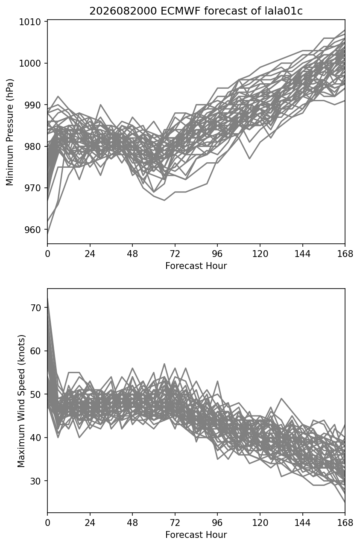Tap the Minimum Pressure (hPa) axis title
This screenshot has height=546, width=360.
click(10, 132)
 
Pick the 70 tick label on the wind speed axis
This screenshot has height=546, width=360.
click(35, 308)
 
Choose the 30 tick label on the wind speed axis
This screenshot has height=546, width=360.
click(35, 481)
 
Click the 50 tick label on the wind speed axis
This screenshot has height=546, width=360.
click(35, 394)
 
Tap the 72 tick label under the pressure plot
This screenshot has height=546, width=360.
click(175, 254)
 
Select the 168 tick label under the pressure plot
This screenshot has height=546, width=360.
click(345, 254)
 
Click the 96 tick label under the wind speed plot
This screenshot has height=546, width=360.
click(217, 523)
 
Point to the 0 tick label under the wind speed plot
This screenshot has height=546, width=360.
click(47, 523)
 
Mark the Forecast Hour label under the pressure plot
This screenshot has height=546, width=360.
click(196, 266)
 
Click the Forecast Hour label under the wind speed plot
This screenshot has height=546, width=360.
click(196, 534)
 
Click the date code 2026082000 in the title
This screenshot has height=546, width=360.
click(123, 11)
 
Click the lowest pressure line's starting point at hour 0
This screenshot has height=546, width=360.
click(47, 234)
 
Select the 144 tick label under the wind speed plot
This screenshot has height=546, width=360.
click(302, 523)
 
